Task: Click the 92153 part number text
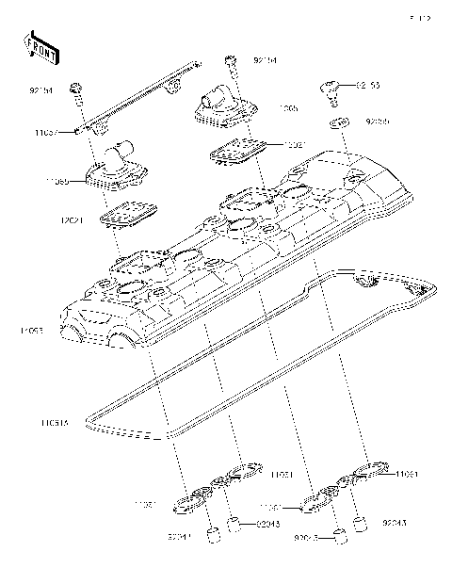tap(368, 86)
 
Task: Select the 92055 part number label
tap(377, 122)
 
